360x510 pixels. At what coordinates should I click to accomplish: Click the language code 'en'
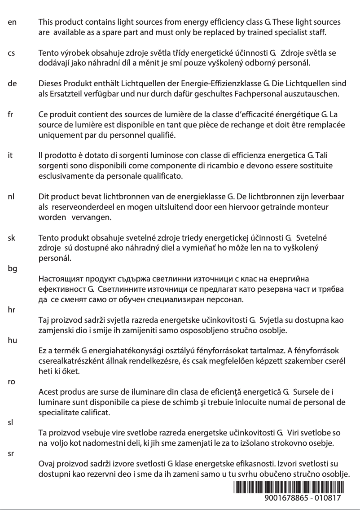click(12, 22)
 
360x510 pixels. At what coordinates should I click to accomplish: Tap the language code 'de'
click(13, 84)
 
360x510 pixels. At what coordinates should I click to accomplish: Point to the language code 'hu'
click(13, 340)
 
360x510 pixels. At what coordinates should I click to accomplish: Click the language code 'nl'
click(12, 197)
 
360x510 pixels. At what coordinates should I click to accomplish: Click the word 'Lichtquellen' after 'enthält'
click(144, 84)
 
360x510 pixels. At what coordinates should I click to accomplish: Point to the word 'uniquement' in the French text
click(59, 135)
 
